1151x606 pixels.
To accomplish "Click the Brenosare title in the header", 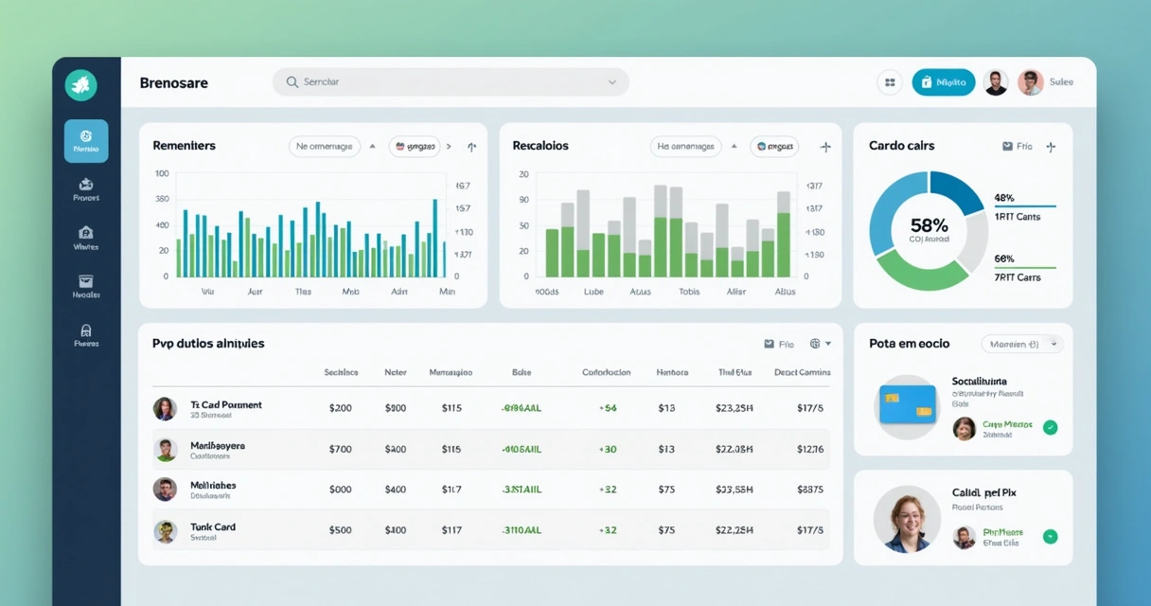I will click(x=173, y=82).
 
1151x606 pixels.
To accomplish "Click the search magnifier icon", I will click(x=292, y=82).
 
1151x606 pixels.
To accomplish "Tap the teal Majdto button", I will click(x=943, y=82).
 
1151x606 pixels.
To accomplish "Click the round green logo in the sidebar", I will click(x=81, y=85).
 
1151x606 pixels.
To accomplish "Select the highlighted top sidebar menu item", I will click(x=86, y=141).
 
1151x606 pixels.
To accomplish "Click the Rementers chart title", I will click(x=184, y=146).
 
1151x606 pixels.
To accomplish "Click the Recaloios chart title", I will click(x=540, y=146).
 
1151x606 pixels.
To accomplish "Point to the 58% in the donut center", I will click(x=929, y=225).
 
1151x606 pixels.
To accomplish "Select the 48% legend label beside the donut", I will click(x=1004, y=198).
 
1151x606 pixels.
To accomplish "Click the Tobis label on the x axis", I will click(x=689, y=292).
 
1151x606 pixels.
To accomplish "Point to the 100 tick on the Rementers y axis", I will click(x=162, y=173).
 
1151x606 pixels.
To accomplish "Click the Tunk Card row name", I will click(x=213, y=526).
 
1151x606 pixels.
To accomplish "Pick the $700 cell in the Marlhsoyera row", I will click(x=340, y=449).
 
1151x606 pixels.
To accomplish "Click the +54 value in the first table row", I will click(x=608, y=408).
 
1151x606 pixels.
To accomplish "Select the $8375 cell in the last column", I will click(x=810, y=490).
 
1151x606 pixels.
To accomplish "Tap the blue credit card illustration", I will click(x=907, y=404).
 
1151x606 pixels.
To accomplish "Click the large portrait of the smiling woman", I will click(x=906, y=519).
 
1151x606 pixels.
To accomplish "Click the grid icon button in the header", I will click(x=890, y=82).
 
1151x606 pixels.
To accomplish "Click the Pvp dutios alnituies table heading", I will click(x=208, y=344).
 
